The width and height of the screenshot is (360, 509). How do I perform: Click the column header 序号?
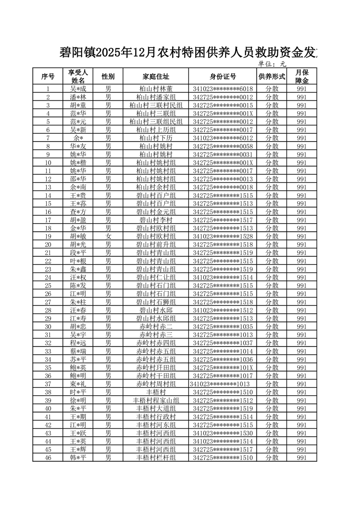point(48,76)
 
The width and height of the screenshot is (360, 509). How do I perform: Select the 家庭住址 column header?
point(156,76)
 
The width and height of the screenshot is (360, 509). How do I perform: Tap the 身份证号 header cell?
point(222,76)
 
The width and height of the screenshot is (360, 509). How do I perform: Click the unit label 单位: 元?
point(272,64)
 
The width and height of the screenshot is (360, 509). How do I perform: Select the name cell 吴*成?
point(78,89)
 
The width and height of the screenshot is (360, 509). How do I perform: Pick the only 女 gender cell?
point(108,236)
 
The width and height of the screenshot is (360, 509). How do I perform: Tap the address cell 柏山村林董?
point(156,89)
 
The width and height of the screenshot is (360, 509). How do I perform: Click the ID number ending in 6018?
point(222,89)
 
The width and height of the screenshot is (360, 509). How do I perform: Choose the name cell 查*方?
point(78,212)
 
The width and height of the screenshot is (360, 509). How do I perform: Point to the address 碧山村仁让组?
point(156,277)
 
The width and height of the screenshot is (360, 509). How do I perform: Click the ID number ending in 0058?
point(222,146)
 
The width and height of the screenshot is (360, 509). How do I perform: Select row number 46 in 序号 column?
point(48,457)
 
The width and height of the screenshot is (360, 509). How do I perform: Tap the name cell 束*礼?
point(78,384)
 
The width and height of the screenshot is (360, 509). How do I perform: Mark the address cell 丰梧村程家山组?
point(156,400)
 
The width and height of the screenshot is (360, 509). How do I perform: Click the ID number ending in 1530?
point(222,433)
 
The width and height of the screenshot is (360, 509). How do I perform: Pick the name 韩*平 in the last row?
point(78,457)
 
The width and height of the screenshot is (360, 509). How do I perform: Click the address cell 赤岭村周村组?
point(156,384)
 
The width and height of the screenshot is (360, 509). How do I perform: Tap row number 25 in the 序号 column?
point(48,285)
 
